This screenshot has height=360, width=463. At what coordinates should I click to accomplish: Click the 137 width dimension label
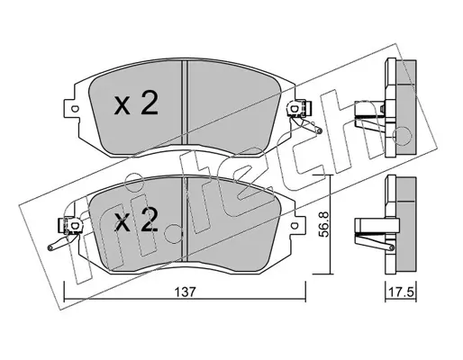point(186,292)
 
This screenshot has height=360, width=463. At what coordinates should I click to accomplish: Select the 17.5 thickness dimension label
point(401,292)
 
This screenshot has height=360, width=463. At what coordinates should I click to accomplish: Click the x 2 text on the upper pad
point(136,104)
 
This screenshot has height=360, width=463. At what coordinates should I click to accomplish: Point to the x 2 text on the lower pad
point(136,220)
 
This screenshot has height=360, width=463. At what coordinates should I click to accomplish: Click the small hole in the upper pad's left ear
point(74,108)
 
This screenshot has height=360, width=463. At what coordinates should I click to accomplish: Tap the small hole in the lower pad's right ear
point(295,225)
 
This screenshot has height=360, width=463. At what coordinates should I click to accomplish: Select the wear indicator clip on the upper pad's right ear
point(299,109)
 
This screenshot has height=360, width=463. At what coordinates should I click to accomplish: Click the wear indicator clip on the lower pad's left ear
point(69,225)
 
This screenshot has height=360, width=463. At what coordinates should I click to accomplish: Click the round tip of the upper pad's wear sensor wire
point(320,130)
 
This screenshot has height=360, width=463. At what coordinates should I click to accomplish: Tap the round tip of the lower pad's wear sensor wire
point(50,247)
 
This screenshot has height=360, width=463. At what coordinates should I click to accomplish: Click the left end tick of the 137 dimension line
point(65,292)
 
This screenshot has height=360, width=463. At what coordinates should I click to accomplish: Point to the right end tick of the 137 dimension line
point(305,292)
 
